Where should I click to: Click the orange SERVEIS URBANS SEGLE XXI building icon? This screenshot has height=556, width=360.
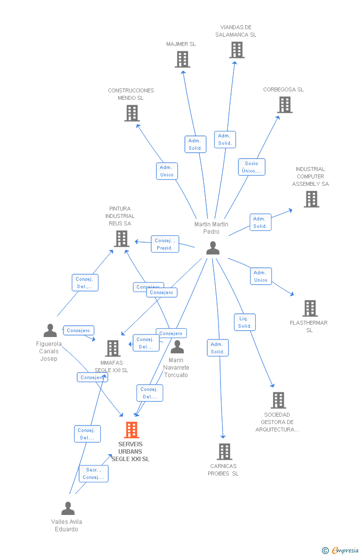[132, 430]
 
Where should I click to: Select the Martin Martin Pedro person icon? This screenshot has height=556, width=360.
[213, 248]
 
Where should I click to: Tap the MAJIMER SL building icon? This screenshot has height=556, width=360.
[182, 59]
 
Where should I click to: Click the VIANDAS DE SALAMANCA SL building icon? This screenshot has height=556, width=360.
[237, 50]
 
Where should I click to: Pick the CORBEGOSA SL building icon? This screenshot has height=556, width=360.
[285, 105]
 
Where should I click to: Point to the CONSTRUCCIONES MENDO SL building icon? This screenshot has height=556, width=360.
[132, 113]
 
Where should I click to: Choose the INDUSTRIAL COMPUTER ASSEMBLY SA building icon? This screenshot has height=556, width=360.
[311, 199]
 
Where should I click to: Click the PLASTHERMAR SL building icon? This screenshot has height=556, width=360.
[310, 308]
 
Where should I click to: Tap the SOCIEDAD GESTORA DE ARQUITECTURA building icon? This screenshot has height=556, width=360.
[278, 400]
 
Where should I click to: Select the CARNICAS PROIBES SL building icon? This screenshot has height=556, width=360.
[225, 452]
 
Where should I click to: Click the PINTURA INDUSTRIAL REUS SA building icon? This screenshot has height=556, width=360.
[121, 239]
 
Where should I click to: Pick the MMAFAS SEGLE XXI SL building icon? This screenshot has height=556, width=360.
[113, 348]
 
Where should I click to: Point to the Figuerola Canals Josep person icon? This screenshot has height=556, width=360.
[50, 331]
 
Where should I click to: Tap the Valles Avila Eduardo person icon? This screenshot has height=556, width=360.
[68, 509]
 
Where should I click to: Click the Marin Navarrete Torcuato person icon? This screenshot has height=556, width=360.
[177, 347]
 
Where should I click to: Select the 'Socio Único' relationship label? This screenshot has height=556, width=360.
[252, 167]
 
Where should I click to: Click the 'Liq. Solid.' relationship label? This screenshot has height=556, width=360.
[245, 322]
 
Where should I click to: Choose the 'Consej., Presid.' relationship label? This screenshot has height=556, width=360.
[165, 244]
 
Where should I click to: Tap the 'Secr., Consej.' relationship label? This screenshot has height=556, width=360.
[93, 473]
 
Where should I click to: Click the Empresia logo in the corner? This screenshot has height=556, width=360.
[340, 550]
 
